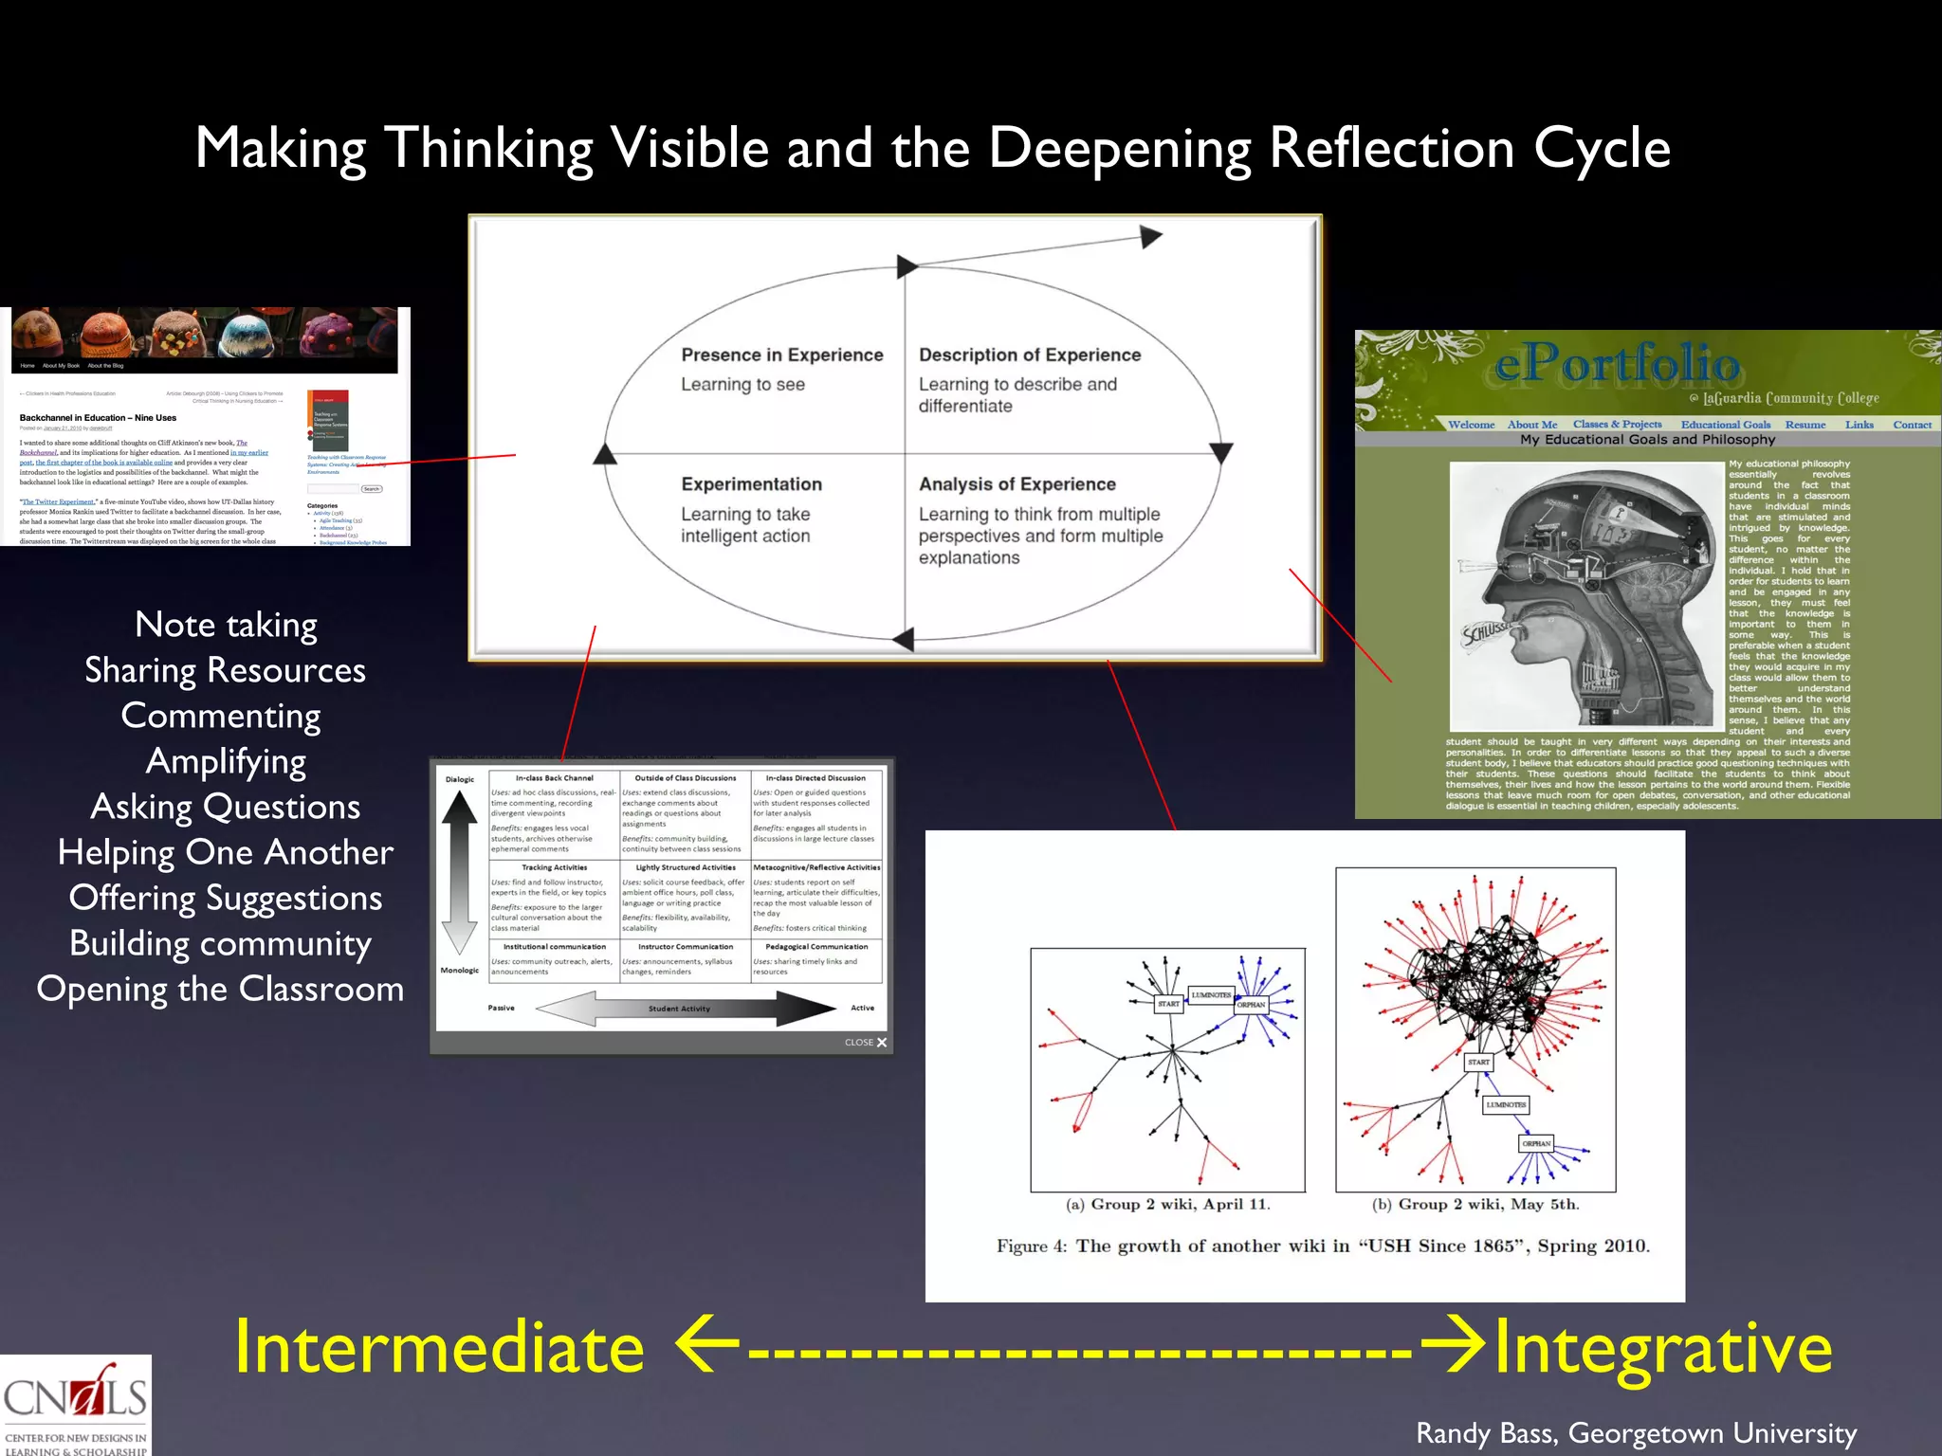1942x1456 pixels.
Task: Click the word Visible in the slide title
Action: tap(688, 149)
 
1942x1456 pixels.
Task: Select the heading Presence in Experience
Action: tap(781, 355)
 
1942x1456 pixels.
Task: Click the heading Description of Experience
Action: tap(1029, 355)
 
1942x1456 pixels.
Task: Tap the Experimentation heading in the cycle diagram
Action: tap(751, 484)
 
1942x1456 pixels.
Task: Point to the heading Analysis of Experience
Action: tap(1017, 484)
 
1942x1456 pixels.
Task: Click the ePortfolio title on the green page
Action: tap(1617, 365)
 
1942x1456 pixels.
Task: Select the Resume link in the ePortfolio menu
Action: tap(1805, 425)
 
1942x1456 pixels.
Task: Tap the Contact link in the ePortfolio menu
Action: tap(1912, 425)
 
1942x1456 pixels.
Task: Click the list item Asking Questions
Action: tap(226, 807)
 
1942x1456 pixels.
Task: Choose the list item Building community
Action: tap(220, 943)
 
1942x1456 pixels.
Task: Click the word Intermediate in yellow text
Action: tap(439, 1348)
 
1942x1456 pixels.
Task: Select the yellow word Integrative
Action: tap(1662, 1348)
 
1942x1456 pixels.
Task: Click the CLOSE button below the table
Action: tap(865, 1042)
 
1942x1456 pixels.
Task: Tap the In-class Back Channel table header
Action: tap(554, 778)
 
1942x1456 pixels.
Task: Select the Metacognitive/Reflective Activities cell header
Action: tap(815, 867)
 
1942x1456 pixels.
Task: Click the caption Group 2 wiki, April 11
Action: tap(1167, 1205)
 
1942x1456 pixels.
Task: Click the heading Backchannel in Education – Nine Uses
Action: tap(98, 418)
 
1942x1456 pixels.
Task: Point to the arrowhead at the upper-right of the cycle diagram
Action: tap(1150, 237)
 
